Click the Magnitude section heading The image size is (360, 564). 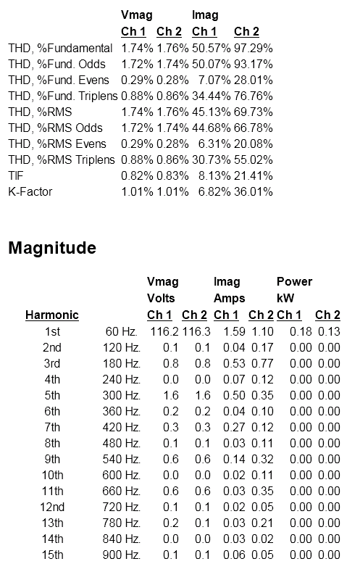click(52, 249)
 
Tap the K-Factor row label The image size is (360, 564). click(30, 191)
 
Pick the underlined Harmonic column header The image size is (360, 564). click(52, 315)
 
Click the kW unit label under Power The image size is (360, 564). click(284, 298)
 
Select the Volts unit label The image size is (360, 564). click(161, 298)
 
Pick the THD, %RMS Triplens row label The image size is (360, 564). click(62, 159)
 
